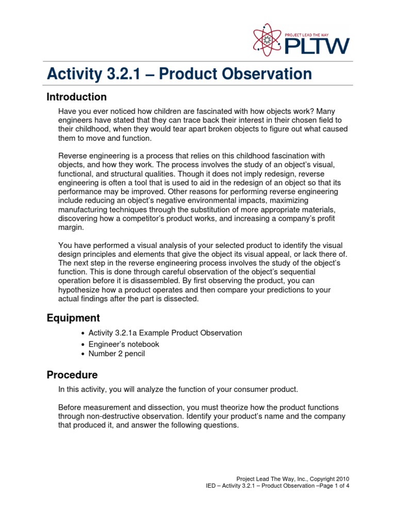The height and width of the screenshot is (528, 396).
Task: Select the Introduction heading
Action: [x=76, y=97]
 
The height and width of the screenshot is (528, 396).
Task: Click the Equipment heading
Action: [x=73, y=318]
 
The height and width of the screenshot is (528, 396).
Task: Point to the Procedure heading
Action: [x=72, y=374]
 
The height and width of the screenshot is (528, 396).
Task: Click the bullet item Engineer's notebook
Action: [x=124, y=344]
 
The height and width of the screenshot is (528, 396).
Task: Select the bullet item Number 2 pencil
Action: [x=117, y=354]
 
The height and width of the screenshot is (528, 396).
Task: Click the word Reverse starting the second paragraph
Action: [x=73, y=156]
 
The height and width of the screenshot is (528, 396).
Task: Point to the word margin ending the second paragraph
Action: [x=71, y=227]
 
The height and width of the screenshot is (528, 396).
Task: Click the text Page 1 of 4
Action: [x=333, y=486]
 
